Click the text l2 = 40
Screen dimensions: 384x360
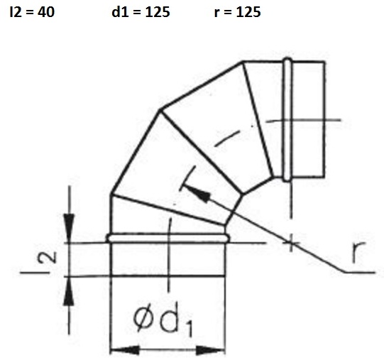[32, 12]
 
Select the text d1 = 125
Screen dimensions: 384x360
[141, 12]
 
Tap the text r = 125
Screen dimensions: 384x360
[237, 12]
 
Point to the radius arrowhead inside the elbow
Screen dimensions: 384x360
[198, 194]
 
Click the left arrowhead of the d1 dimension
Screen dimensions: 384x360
[124, 351]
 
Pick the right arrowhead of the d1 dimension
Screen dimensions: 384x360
[211, 351]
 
